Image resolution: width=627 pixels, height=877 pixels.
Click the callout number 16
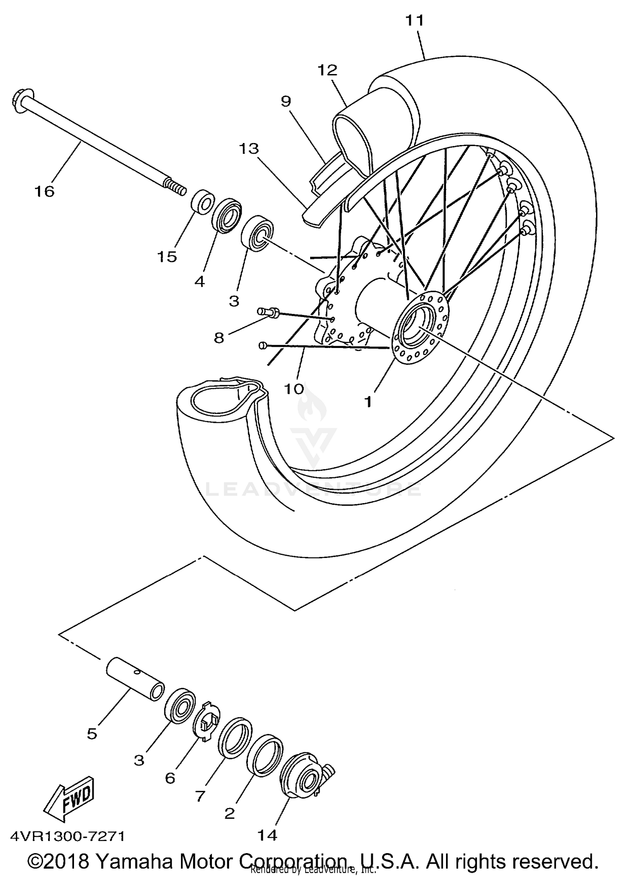pyautogui.click(x=45, y=192)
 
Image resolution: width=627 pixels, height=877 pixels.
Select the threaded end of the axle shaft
pyautogui.click(x=176, y=186)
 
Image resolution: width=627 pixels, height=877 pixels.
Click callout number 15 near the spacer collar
pyautogui.click(x=167, y=256)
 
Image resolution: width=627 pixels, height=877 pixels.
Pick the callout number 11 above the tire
pyautogui.click(x=415, y=20)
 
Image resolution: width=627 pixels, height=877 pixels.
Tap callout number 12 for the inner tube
pyautogui.click(x=327, y=70)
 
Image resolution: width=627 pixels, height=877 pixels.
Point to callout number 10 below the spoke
pyautogui.click(x=294, y=389)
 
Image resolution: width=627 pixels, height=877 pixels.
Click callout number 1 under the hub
pyautogui.click(x=368, y=401)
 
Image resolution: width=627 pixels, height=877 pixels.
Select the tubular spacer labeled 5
pyautogui.click(x=135, y=678)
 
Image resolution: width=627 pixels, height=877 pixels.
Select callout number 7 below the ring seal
pyautogui.click(x=200, y=797)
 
